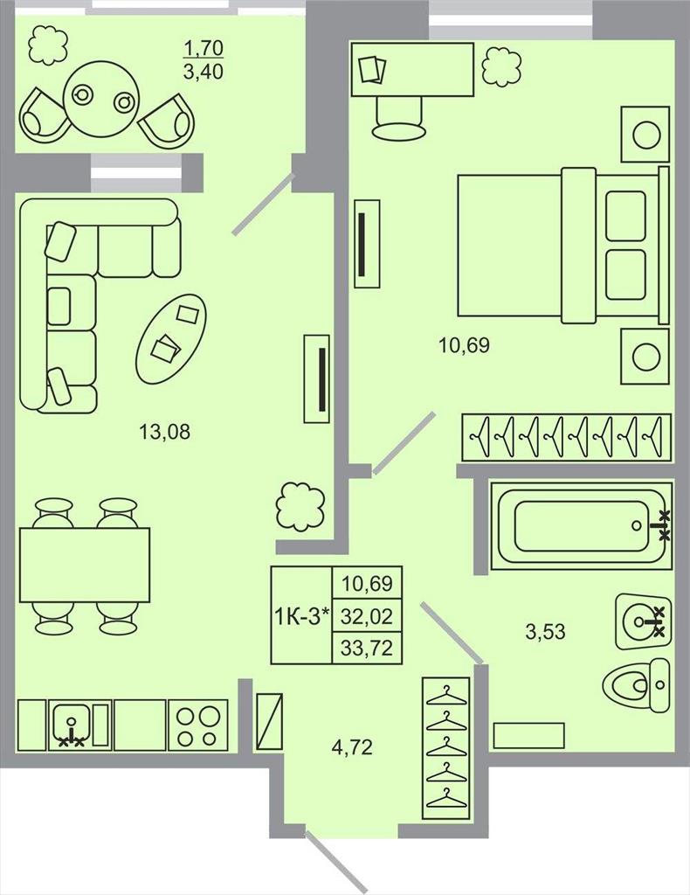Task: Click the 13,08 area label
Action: tap(165, 432)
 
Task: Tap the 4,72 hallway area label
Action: tap(352, 746)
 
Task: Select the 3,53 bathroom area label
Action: tap(545, 632)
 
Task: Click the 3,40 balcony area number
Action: tap(203, 72)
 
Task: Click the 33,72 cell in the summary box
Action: tap(367, 648)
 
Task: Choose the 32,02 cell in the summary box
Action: tap(367, 616)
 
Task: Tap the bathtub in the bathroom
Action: tap(582, 525)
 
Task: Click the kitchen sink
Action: tap(70, 725)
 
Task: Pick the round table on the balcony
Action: tap(101, 99)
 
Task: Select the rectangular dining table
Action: tap(85, 564)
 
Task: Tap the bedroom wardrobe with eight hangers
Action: tap(566, 437)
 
